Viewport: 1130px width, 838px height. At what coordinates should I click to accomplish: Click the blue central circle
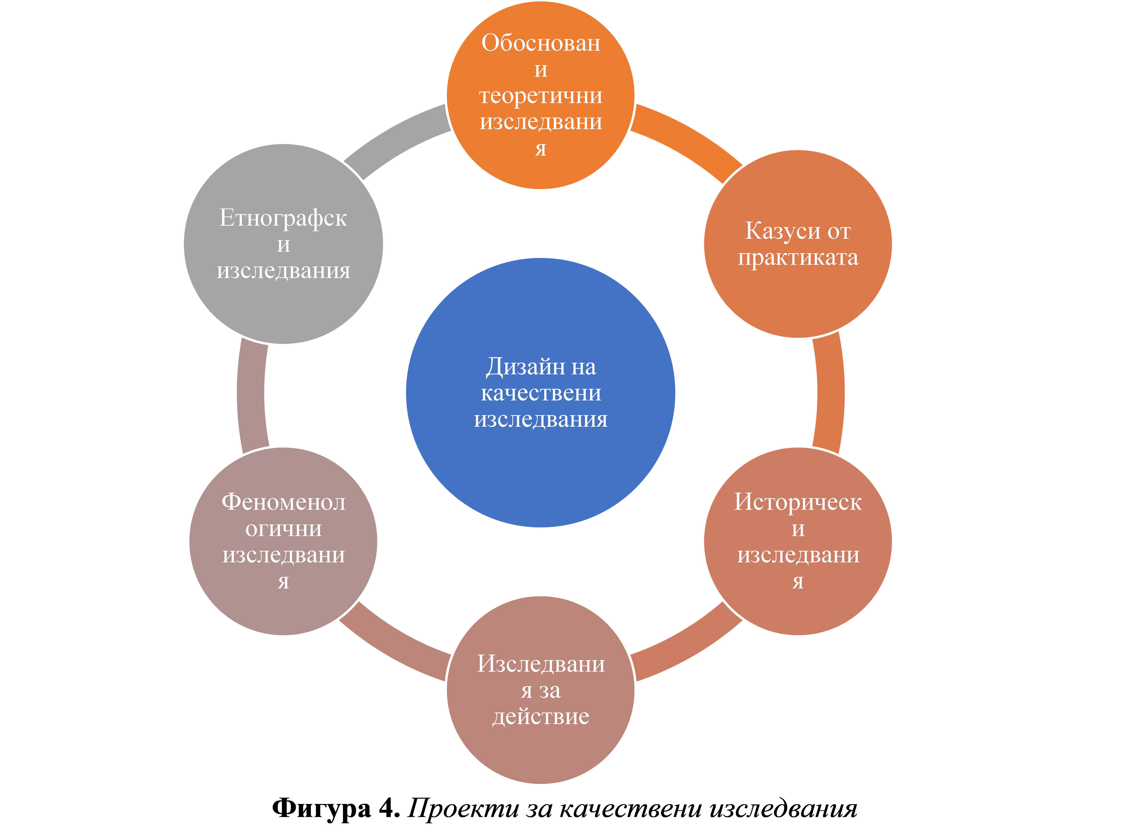pyautogui.click(x=541, y=393)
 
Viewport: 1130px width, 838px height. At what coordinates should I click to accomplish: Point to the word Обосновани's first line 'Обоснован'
pyautogui.click(x=541, y=43)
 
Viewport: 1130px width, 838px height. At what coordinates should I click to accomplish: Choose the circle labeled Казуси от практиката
pyautogui.click(x=798, y=244)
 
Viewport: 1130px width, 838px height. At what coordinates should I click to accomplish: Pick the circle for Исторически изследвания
pyautogui.click(x=798, y=541)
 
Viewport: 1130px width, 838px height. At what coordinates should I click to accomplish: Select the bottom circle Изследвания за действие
pyautogui.click(x=541, y=690)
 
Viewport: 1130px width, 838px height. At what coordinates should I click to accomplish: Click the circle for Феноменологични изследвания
pyautogui.click(x=283, y=541)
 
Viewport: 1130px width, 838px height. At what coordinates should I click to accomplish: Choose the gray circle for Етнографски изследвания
pyautogui.click(x=283, y=244)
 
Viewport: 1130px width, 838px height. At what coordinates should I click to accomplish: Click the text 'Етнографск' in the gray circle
pyautogui.click(x=283, y=218)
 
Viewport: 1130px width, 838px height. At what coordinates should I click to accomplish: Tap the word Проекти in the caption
pyautogui.click(x=463, y=808)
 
